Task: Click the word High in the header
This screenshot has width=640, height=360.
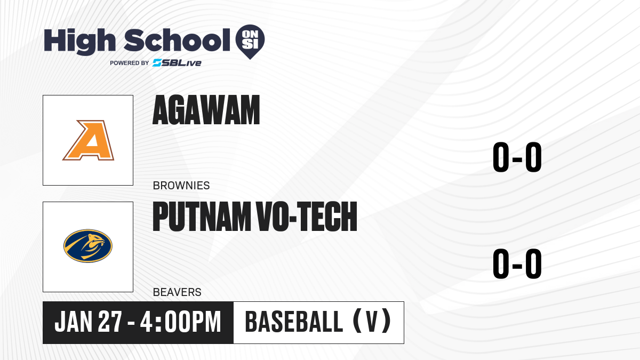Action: pos(79,41)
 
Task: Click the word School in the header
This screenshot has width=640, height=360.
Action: pos(177,39)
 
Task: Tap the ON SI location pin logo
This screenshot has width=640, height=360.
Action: pos(250,42)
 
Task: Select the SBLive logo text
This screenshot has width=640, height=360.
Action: pos(177,63)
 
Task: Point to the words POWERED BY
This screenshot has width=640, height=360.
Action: pos(130,63)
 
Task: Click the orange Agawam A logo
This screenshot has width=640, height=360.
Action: pos(89,140)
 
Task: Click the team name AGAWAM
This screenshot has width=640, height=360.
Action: pos(206,110)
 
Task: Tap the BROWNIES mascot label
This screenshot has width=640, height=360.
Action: pos(181,186)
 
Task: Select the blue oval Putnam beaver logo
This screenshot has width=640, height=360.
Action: pos(88,246)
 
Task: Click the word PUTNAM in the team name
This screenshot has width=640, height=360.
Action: pos(202,217)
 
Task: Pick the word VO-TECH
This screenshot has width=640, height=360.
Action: pos(307,217)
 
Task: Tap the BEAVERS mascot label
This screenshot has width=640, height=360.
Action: pos(177,292)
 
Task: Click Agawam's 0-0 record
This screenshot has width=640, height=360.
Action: pos(517,157)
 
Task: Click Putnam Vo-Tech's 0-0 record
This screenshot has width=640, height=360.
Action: pos(517,263)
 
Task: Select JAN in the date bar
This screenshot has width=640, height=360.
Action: pos(74,322)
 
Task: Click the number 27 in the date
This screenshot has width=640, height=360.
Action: pos(110,322)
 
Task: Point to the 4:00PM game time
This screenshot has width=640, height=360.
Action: pos(181,322)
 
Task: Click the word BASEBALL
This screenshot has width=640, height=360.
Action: pos(294,322)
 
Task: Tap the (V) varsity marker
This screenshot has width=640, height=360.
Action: pos(372,321)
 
